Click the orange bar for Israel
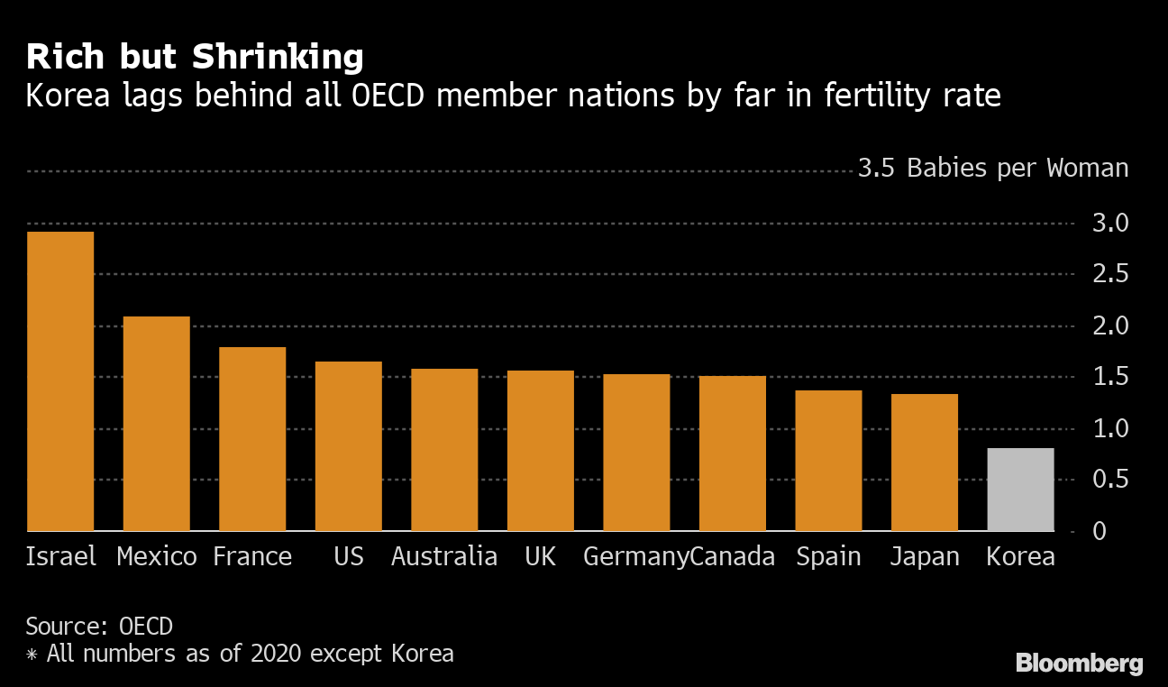60,381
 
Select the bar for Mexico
156,424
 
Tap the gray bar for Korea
1020,490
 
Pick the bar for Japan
924,463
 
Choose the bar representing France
252,439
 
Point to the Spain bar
828,461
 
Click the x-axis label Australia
444,557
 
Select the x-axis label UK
540,557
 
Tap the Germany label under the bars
635,557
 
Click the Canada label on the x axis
733,557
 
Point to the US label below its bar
348,557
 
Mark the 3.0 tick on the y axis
1110,223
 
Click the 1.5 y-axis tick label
1110,377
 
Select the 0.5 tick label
1110,480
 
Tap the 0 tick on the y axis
1098,531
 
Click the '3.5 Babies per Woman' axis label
992,169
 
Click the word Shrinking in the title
277,58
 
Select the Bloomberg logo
1079,664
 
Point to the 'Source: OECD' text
99,626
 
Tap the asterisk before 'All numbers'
32,654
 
